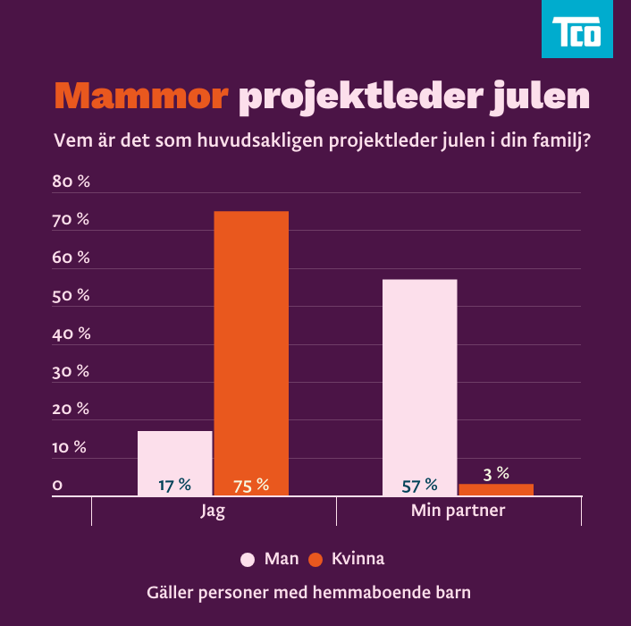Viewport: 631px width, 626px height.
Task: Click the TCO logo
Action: coord(576,30)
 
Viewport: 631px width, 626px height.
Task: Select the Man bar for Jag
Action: coord(175,461)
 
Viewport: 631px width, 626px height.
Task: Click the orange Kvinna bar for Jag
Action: coord(251,349)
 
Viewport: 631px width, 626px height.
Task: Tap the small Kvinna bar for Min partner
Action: coord(496,489)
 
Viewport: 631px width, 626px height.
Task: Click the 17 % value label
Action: coord(175,485)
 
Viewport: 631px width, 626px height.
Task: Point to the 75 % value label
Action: coord(251,486)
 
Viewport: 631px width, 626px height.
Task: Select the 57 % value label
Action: coord(419,486)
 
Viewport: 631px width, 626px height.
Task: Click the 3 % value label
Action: coord(496,473)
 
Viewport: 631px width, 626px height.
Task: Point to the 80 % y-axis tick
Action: coord(72,182)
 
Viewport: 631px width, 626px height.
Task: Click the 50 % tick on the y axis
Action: coord(72,295)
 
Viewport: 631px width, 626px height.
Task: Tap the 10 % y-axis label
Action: coord(70,447)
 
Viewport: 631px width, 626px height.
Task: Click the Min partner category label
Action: coord(458,512)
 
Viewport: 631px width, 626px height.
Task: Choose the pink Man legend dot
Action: coord(248,560)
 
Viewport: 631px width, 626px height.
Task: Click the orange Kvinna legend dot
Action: coord(315,560)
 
